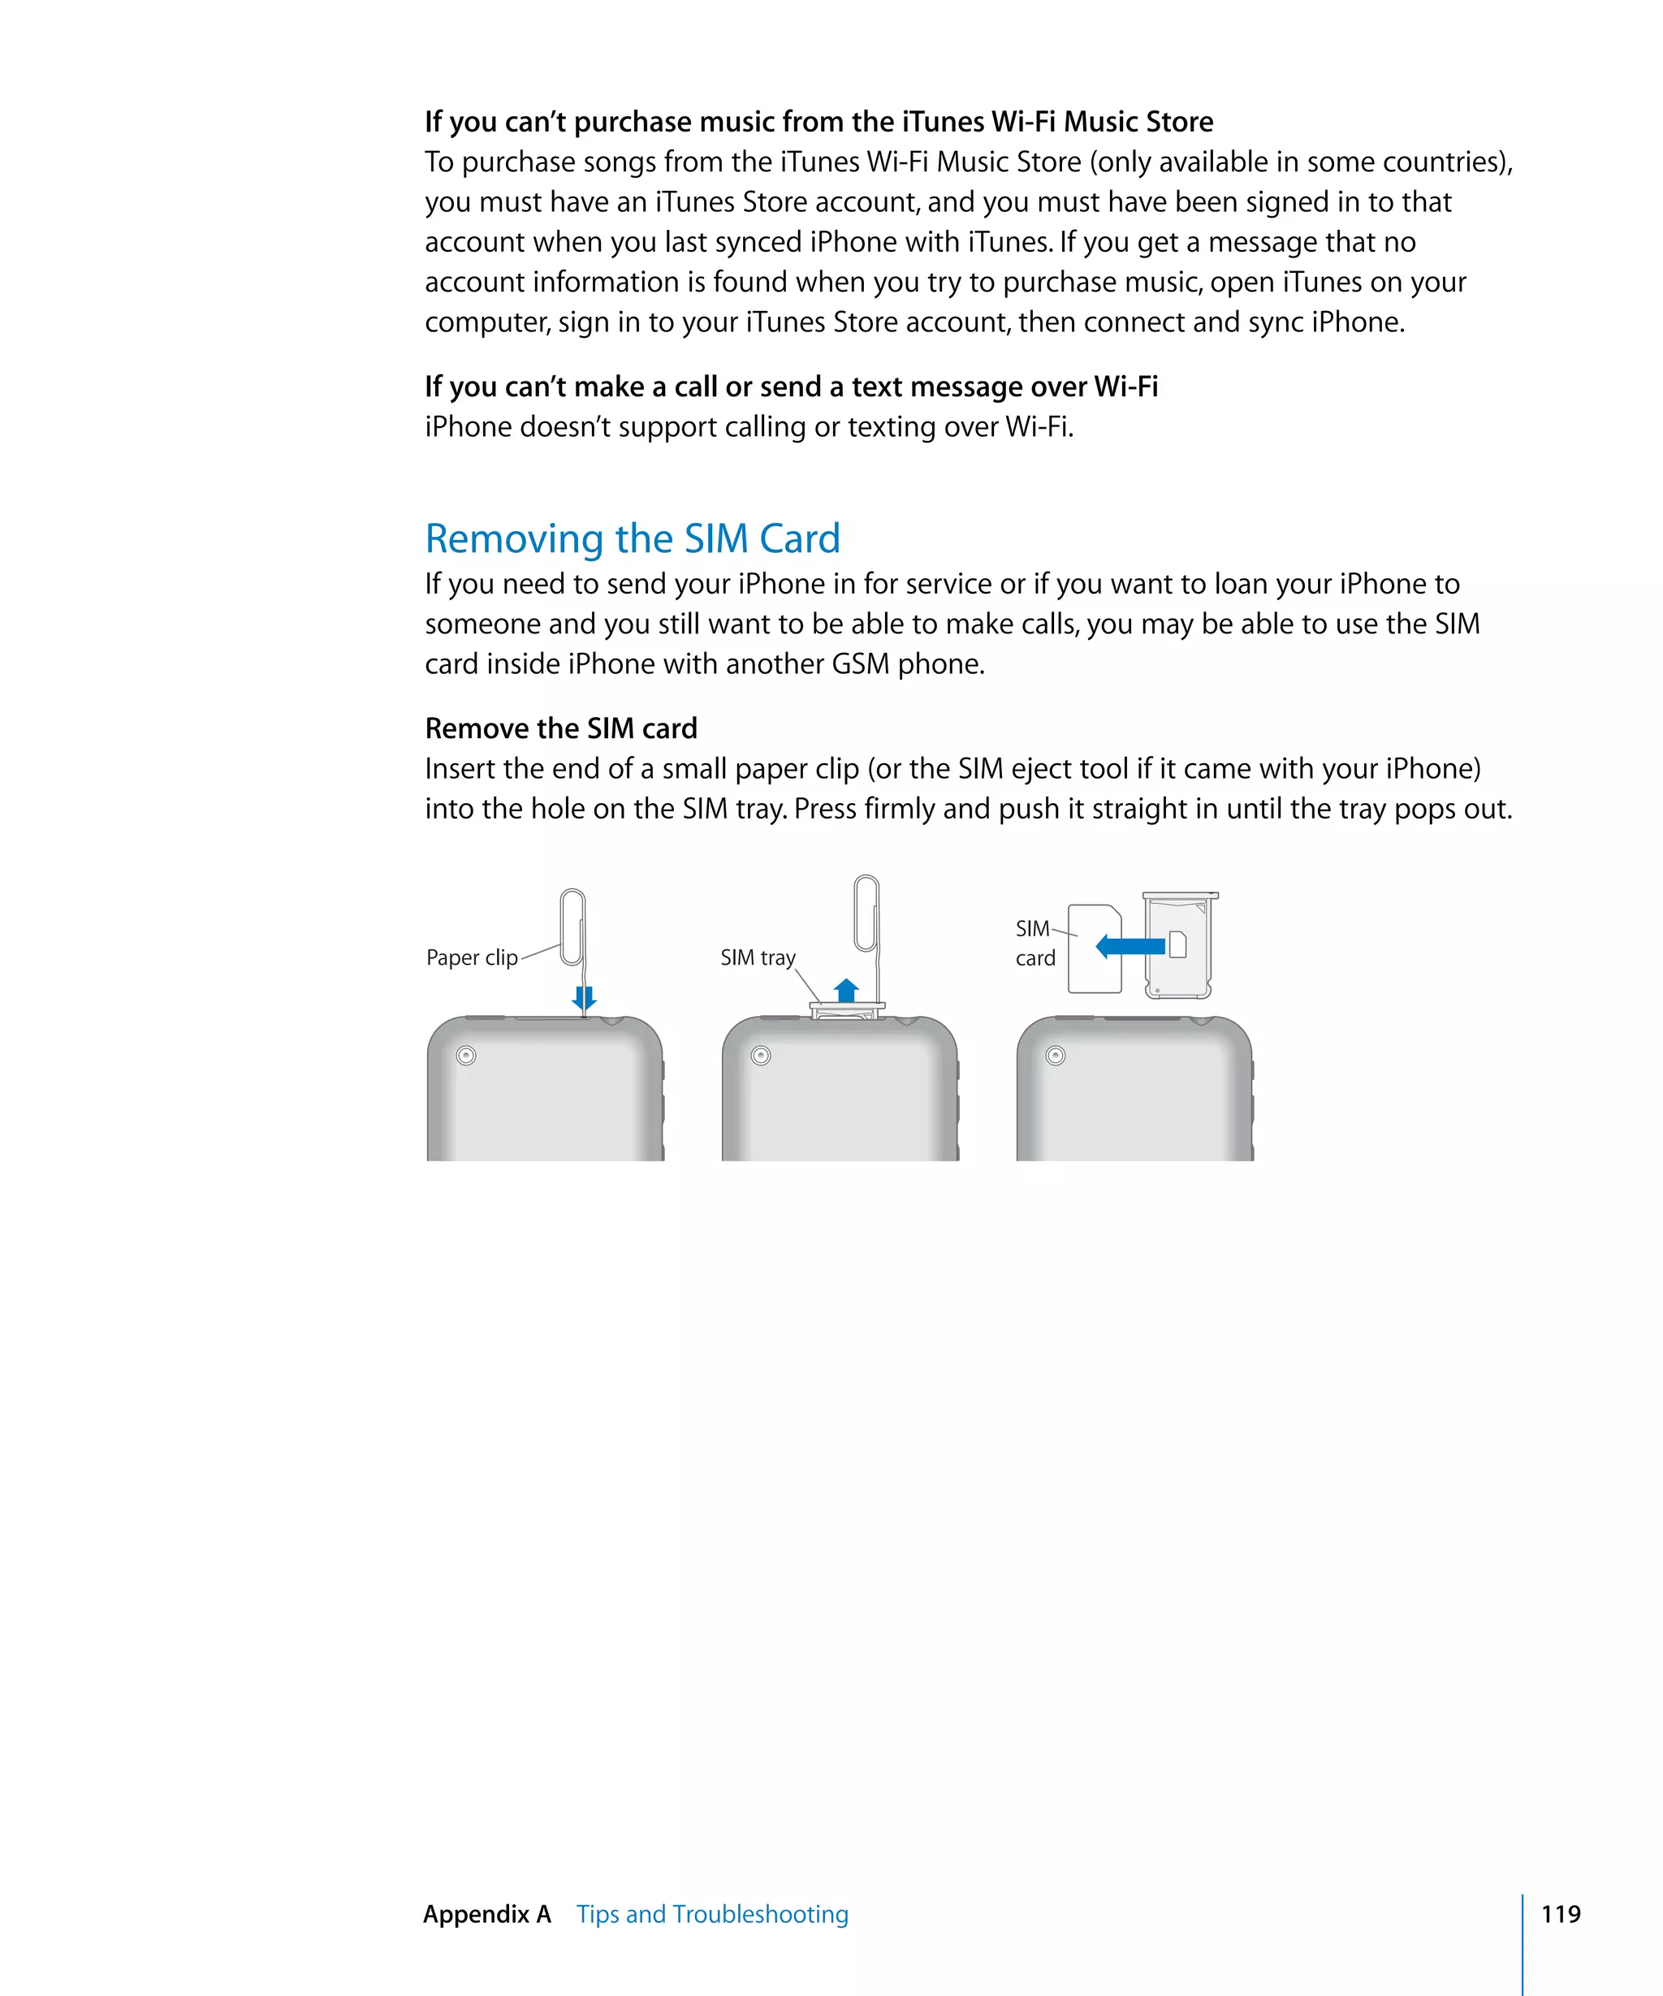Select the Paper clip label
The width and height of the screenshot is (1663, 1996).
(x=471, y=957)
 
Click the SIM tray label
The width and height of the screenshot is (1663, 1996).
(x=758, y=957)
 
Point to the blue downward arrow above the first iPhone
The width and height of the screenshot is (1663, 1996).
(x=584, y=998)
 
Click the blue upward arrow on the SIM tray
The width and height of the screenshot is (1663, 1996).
(x=846, y=991)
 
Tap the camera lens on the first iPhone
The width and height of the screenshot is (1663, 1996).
(x=465, y=1055)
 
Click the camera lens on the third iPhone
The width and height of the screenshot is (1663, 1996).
(x=1055, y=1055)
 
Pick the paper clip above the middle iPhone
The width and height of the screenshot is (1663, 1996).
(x=866, y=914)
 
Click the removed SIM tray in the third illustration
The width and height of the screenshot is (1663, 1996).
(x=1179, y=946)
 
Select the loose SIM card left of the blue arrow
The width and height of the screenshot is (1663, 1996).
(x=1094, y=948)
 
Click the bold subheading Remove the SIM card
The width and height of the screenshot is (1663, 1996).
(x=560, y=728)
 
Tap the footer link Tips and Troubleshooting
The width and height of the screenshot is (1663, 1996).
(x=712, y=1913)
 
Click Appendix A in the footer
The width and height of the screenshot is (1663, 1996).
(x=486, y=1913)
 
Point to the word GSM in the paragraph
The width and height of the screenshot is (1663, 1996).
(x=860, y=663)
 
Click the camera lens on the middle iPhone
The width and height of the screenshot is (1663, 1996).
(x=760, y=1055)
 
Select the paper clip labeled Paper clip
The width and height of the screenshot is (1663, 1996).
(x=572, y=927)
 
